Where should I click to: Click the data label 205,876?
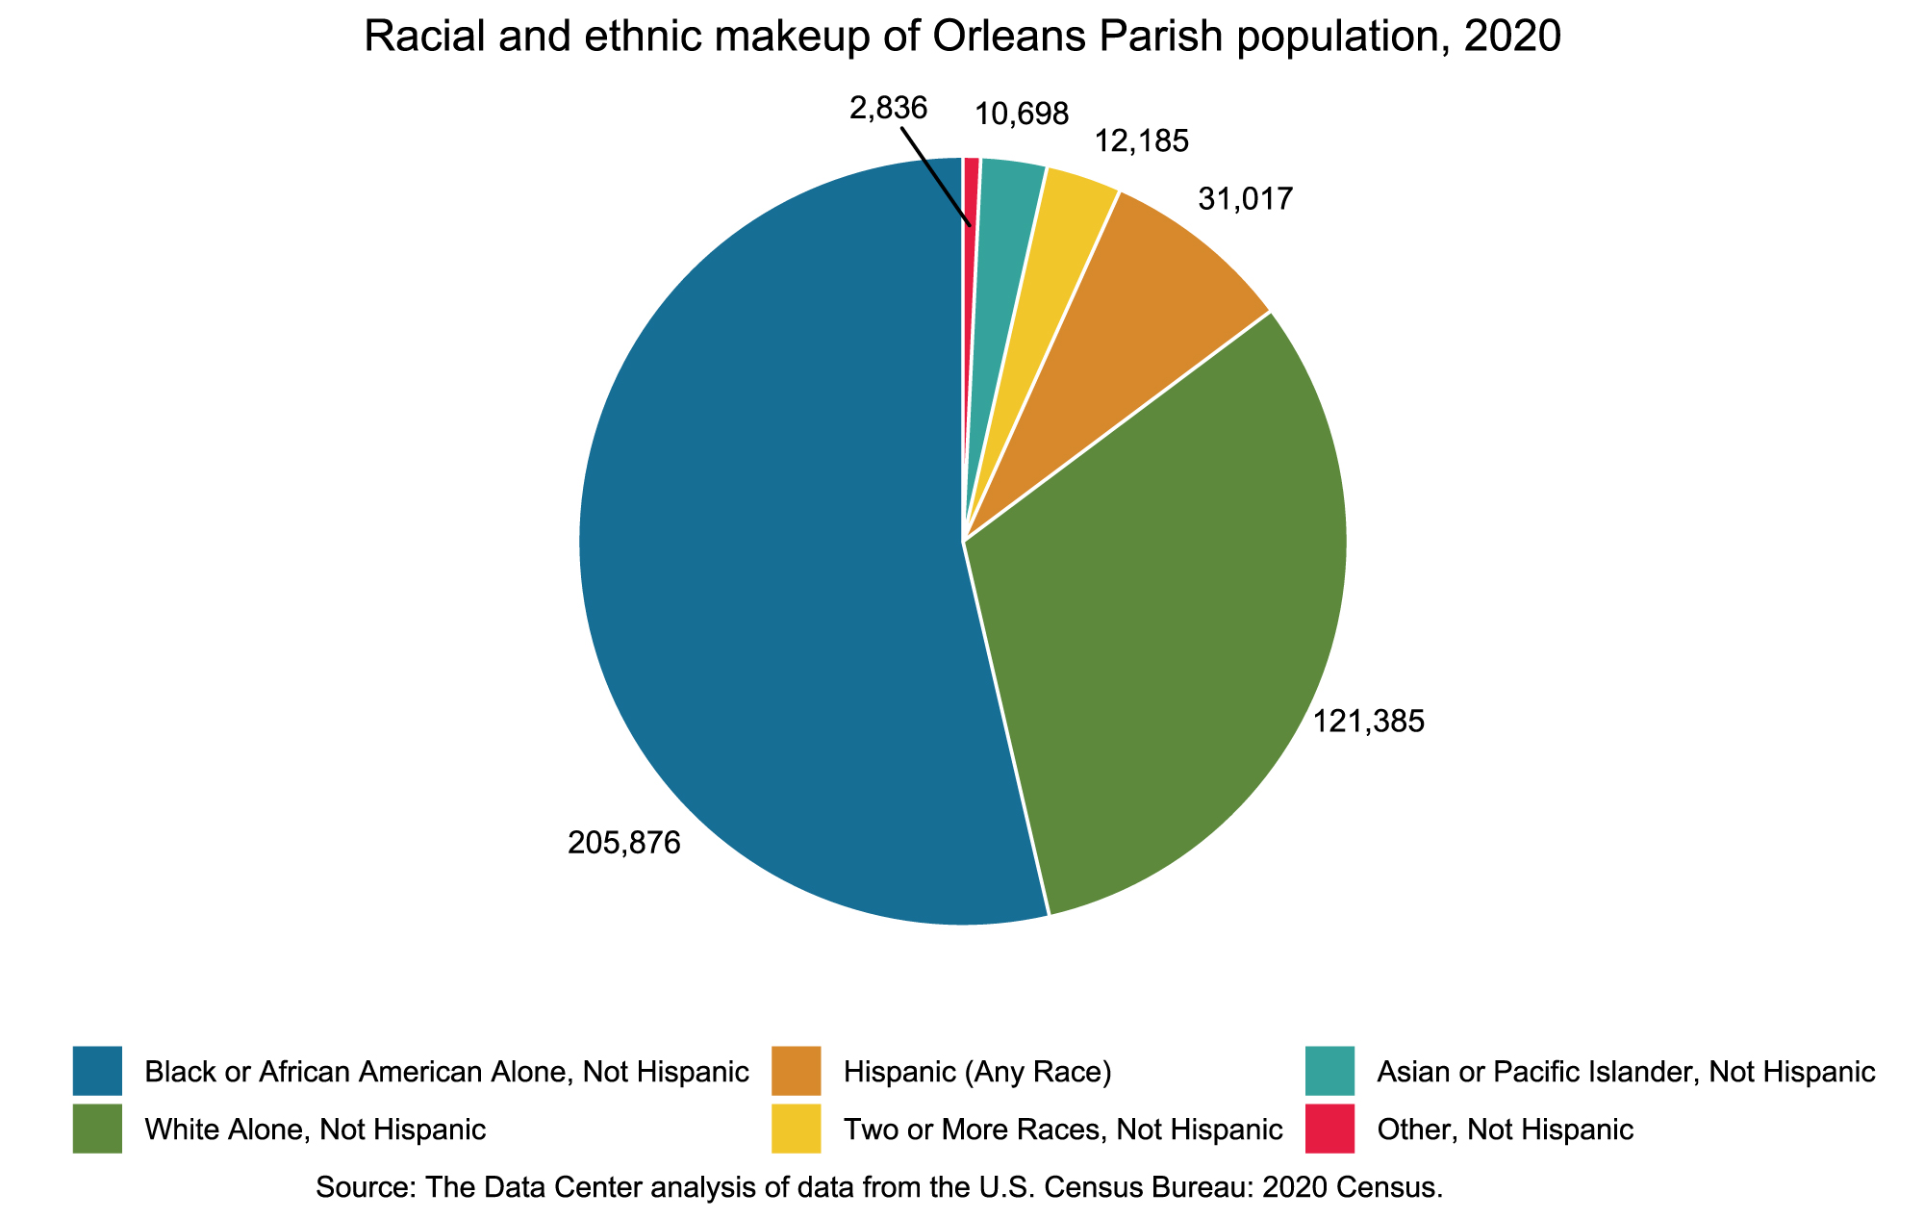(624, 843)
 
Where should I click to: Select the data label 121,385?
(1369, 722)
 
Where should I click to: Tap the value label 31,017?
(1246, 199)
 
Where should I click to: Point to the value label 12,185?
(1142, 142)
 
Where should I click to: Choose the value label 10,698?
(1022, 114)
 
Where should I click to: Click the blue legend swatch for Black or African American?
(97, 1071)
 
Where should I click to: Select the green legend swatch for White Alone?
(97, 1129)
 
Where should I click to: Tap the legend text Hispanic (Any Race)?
(977, 1072)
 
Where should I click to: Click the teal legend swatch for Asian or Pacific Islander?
(1330, 1071)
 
